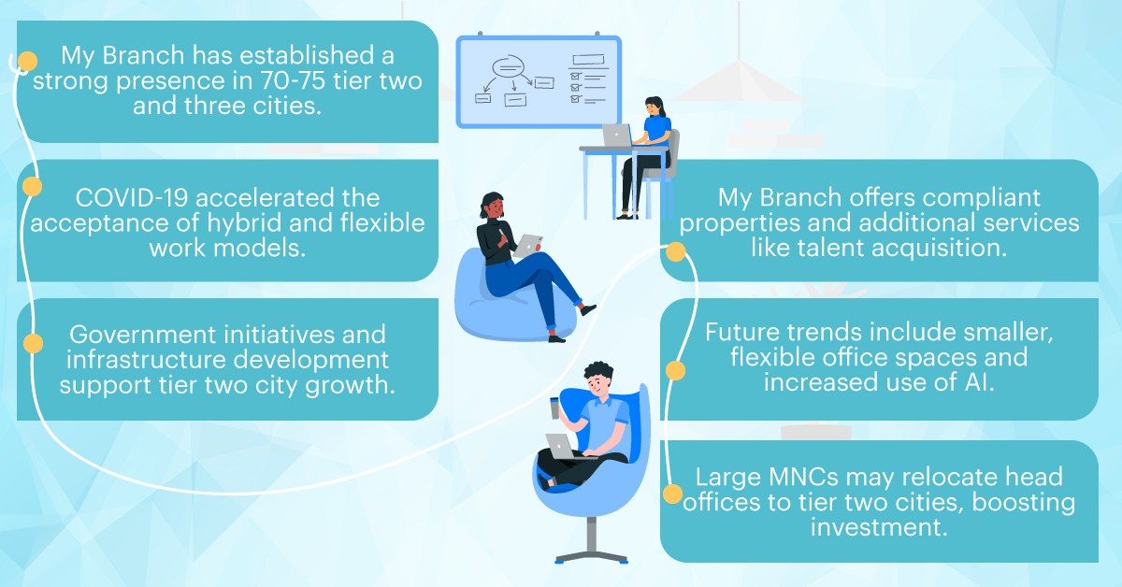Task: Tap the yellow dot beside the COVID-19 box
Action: click(x=31, y=187)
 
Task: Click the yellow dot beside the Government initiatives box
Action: click(x=31, y=343)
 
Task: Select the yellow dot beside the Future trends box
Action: click(x=675, y=371)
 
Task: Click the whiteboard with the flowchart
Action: click(x=538, y=82)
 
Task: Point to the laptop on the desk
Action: click(x=617, y=136)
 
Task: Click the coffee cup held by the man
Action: click(x=555, y=408)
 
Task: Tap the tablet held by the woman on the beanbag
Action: click(x=529, y=244)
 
